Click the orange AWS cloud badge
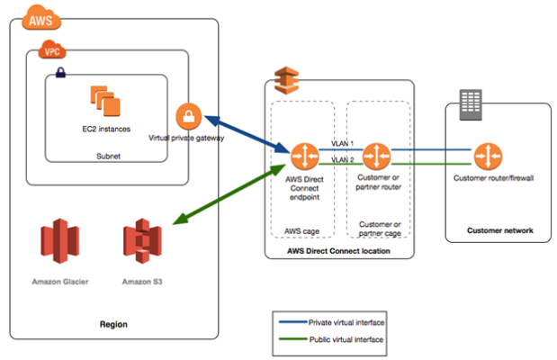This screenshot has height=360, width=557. (x=39, y=17)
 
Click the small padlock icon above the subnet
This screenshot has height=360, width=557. (x=58, y=71)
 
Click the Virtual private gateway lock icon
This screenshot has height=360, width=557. (x=188, y=115)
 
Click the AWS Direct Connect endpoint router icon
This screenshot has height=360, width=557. (x=302, y=155)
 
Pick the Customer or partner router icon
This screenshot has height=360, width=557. (x=377, y=155)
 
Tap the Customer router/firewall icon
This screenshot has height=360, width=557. (x=489, y=155)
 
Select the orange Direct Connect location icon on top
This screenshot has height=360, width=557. (x=291, y=78)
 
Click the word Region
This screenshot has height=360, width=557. (x=113, y=323)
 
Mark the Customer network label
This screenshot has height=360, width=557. (x=499, y=230)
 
